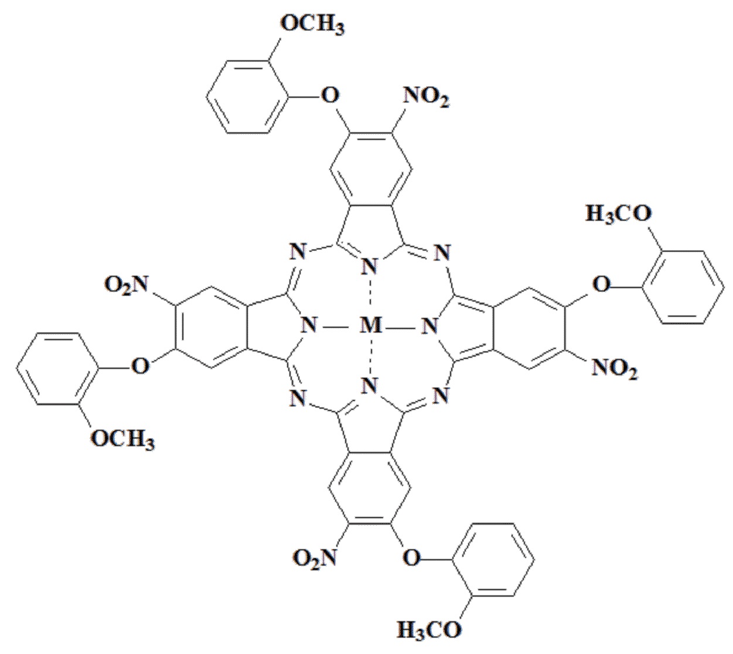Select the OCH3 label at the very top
tap(311, 24)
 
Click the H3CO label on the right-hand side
tap(619, 214)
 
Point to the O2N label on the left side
tap(128, 285)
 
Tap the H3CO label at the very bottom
tap(429, 630)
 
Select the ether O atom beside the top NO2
tap(331, 94)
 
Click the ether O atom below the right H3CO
tap(601, 285)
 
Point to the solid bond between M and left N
tap(337, 325)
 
